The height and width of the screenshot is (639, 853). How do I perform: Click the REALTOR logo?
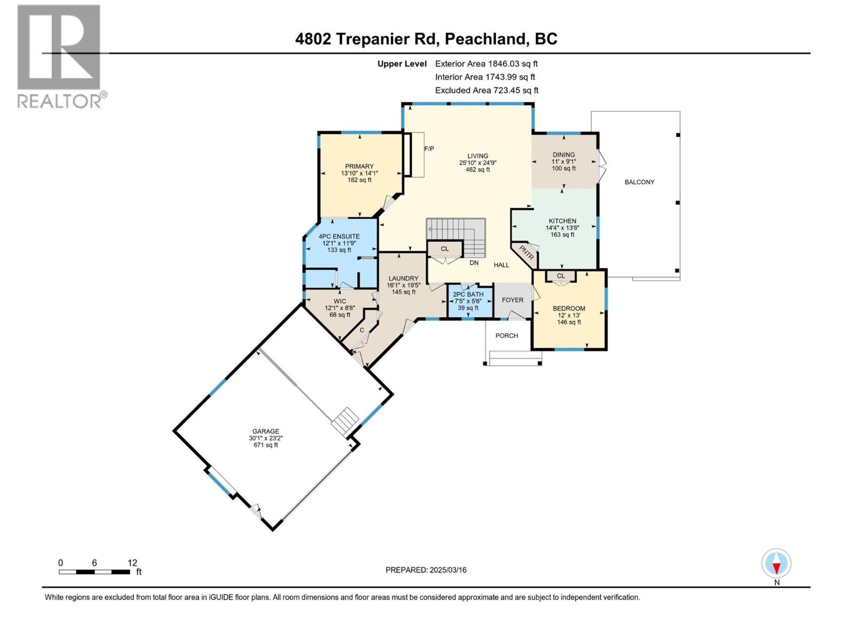pos(62,56)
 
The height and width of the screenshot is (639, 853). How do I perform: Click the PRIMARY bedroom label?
pos(359,166)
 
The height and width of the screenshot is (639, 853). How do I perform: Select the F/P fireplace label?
pos(429,149)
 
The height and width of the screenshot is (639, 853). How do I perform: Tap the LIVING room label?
pos(478,156)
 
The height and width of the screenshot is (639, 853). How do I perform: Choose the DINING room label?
pos(564,154)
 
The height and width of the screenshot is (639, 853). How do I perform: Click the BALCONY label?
pos(639,182)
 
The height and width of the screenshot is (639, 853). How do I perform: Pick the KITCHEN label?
pos(562,221)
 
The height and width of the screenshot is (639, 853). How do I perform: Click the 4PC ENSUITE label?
pos(339,236)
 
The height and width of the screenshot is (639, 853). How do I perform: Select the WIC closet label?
pos(340,301)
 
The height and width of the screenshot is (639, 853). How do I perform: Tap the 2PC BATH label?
pos(468,294)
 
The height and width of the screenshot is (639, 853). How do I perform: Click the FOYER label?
pos(512,300)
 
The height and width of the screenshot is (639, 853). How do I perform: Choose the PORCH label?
pos(506,335)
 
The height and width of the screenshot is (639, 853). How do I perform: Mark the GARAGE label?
pos(266,431)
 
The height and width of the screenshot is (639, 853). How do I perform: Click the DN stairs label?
pos(474,263)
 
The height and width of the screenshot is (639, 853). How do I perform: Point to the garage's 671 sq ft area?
pos(266,445)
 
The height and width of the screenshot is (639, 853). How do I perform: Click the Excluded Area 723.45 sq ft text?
pos(487,91)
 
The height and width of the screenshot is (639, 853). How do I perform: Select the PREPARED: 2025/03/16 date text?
pos(426,570)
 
